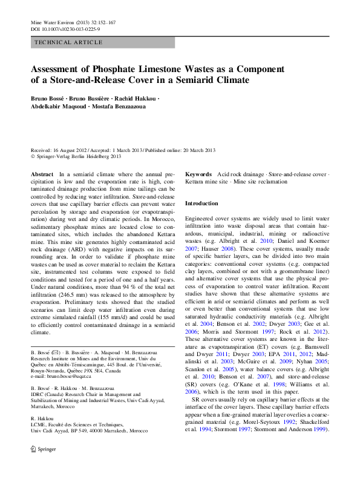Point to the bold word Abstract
42,174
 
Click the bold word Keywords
198,174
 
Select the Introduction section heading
201,203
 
